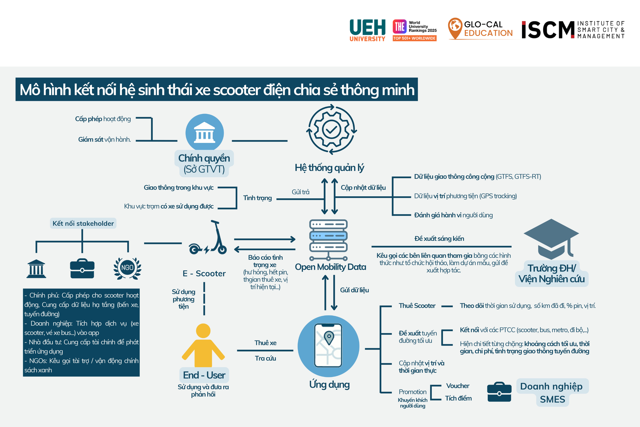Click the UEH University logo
(367, 30)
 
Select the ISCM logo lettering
(548, 30)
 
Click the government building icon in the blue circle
(205, 133)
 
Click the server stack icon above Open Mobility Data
(328, 240)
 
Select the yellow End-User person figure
(203, 345)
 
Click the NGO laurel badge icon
(127, 268)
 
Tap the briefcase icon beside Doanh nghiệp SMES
(499, 392)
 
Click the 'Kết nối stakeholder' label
(83, 223)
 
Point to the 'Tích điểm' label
(458, 398)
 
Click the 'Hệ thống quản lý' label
(329, 168)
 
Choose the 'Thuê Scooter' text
(417, 306)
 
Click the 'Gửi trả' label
(301, 192)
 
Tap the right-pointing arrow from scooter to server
(265, 239)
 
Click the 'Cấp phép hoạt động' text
(103, 119)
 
